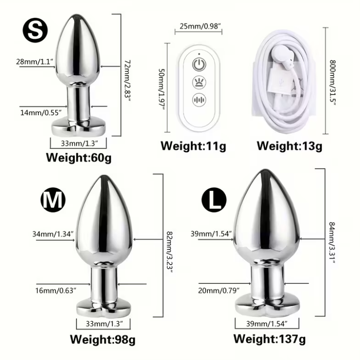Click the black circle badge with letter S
point(35,30)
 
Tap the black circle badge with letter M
point(53,200)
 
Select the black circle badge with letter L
point(214,200)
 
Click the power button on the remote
point(199,64)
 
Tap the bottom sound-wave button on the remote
point(199,100)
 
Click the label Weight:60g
point(79,158)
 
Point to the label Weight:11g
point(193,146)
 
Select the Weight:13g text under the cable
point(289,146)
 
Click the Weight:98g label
point(103,339)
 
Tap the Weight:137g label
point(270,339)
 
